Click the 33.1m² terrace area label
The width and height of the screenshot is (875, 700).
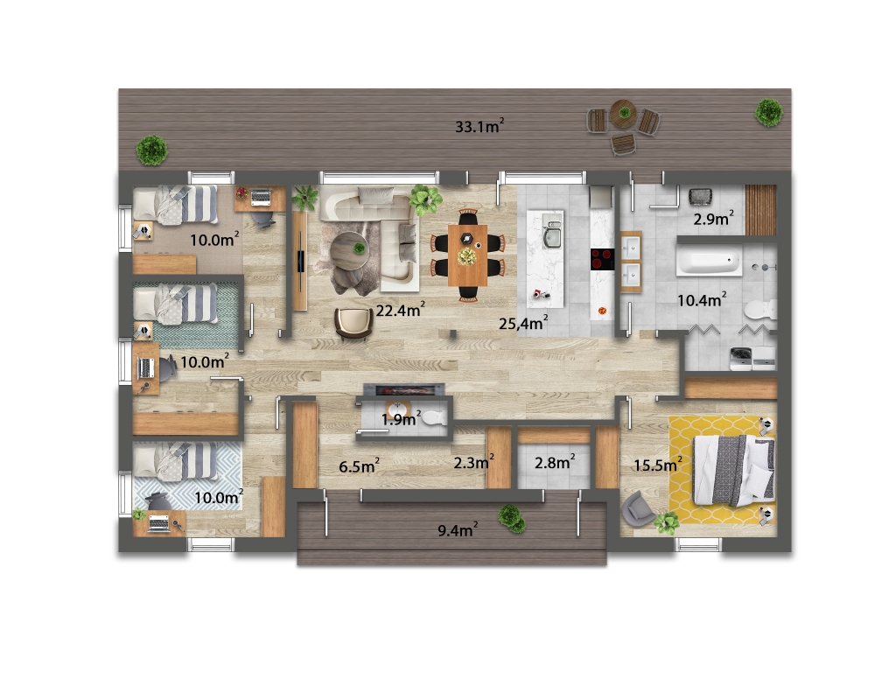coord(479,126)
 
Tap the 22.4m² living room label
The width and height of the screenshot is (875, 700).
coord(400,309)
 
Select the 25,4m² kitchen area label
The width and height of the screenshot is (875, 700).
coord(523,322)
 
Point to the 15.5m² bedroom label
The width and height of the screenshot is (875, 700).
coord(658,464)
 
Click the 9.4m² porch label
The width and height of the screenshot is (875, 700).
coord(458,529)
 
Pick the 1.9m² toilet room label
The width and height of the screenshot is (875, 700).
coord(401,418)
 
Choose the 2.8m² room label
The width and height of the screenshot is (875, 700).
coord(555,462)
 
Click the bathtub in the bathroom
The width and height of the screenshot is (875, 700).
coord(710,262)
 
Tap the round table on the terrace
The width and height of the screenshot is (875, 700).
coord(623,114)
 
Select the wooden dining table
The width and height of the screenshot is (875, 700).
coord(467,255)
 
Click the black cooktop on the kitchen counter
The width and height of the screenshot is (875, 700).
coord(602,259)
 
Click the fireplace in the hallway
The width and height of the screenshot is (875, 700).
coord(404,389)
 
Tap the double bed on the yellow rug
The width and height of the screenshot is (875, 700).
coord(733,471)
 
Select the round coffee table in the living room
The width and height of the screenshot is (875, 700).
coord(349,250)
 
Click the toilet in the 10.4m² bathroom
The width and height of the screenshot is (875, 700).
coord(760,309)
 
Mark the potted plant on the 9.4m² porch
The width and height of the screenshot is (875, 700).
coord(512,518)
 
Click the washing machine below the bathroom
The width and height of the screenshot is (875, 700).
coord(741,358)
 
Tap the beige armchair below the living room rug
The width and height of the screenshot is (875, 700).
coord(353,323)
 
